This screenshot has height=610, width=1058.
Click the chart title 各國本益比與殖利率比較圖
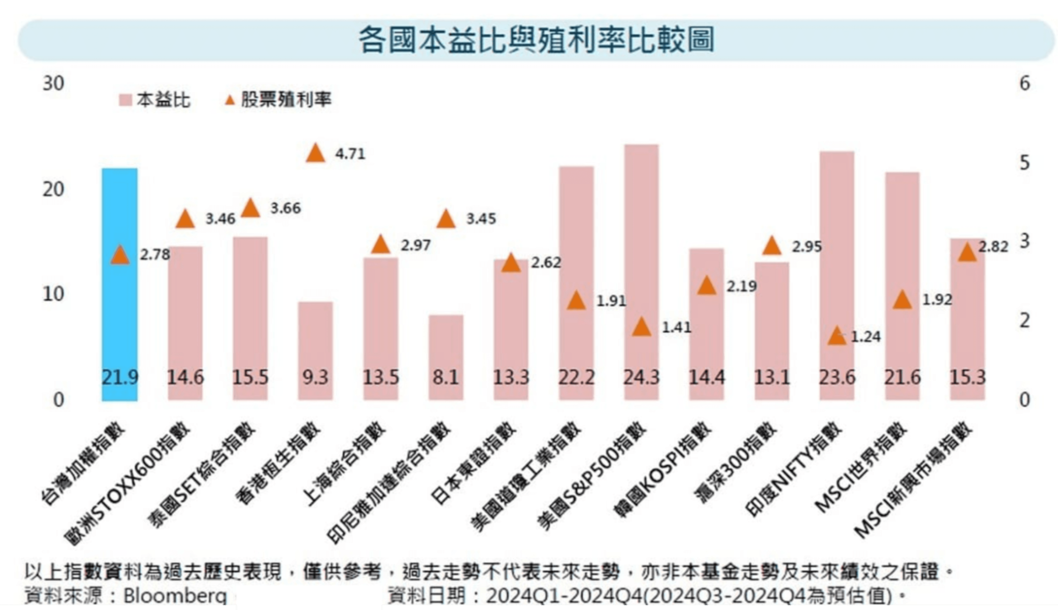536,40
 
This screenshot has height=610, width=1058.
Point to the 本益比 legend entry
155,100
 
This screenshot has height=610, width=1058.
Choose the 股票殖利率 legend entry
279,100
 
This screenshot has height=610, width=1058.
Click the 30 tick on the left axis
53,83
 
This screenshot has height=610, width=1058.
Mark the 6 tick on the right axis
1024,83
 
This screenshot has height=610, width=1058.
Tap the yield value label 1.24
865,336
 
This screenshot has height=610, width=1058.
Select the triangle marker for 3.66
251,208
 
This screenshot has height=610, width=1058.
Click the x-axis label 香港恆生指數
279,461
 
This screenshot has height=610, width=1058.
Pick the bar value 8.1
446,378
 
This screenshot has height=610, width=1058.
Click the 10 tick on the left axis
53,294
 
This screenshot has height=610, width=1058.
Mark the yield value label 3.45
481,219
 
